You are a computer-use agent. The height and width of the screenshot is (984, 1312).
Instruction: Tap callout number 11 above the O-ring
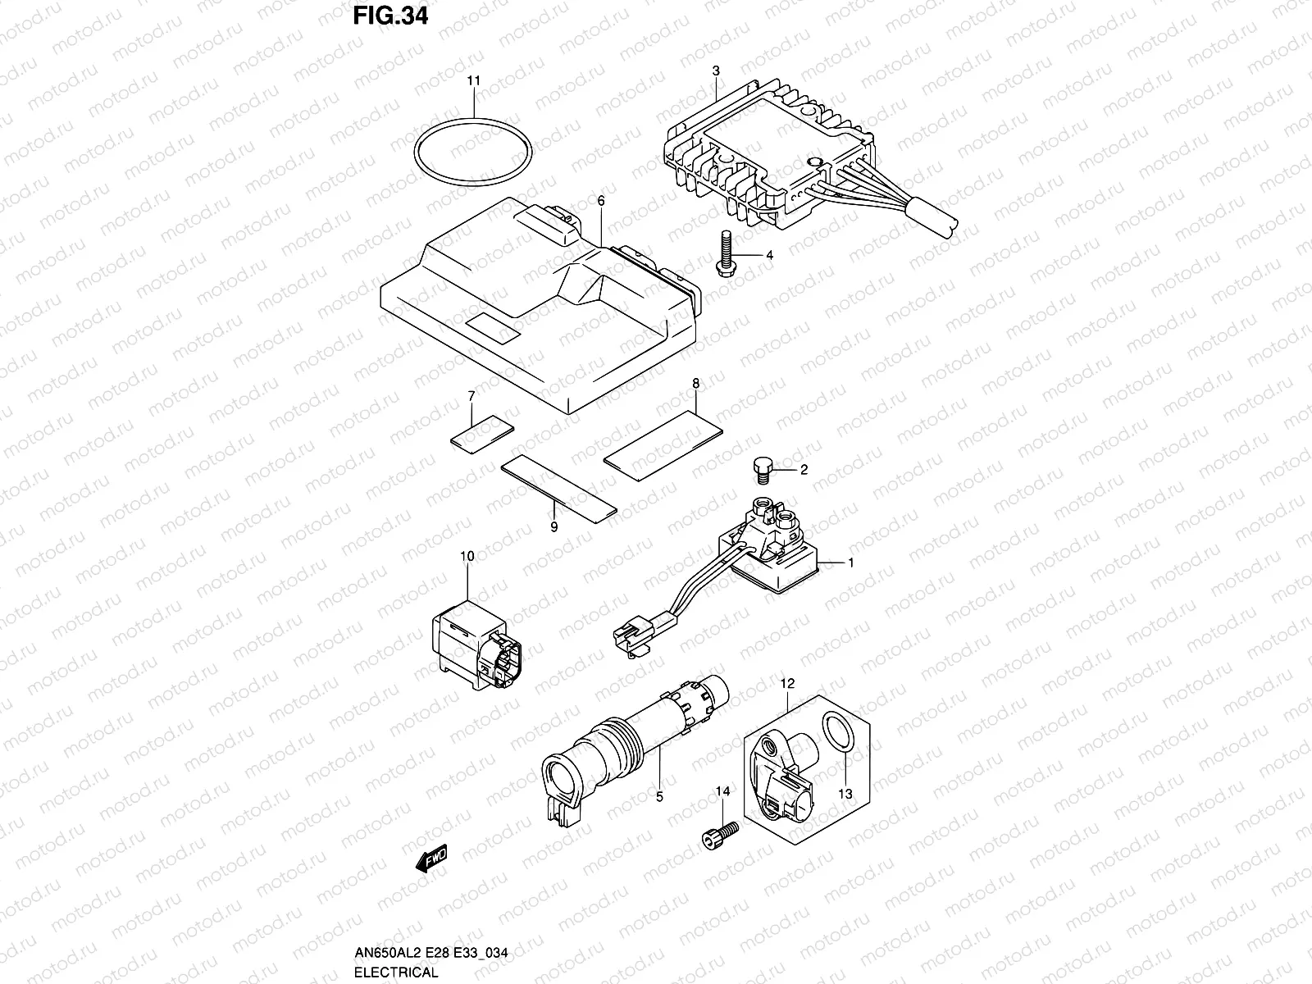click(x=474, y=80)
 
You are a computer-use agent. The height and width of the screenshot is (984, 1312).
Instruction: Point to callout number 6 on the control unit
click(x=601, y=201)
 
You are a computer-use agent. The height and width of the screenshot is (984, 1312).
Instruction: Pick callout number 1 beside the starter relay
click(x=850, y=563)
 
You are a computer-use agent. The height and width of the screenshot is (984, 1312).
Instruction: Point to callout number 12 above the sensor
click(x=787, y=682)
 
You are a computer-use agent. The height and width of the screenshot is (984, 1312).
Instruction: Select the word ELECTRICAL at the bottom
click(x=396, y=973)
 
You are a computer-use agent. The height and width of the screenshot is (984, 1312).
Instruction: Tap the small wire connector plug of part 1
click(x=631, y=638)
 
